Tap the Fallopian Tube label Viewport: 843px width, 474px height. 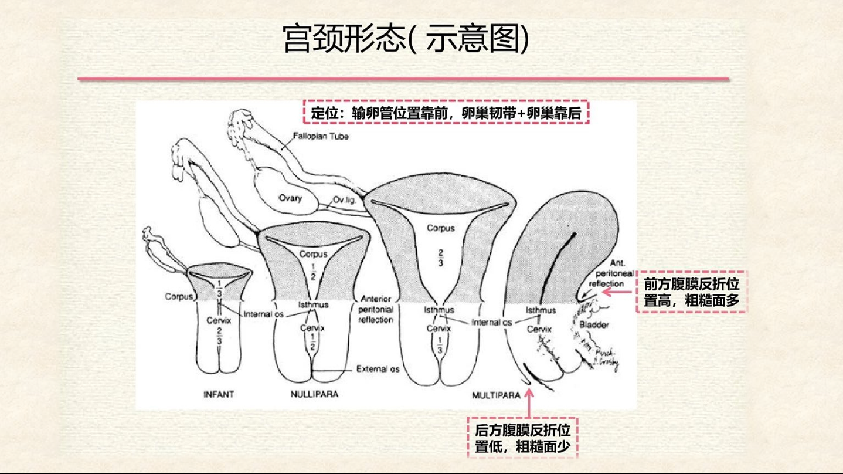pyautogui.click(x=321, y=137)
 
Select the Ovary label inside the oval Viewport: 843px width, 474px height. pyautogui.click(x=290, y=198)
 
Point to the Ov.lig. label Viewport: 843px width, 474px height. pyautogui.click(x=345, y=199)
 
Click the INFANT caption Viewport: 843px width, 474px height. pyautogui.click(x=219, y=394)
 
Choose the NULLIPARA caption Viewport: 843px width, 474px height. pyautogui.click(x=314, y=394)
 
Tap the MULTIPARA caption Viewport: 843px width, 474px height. pyautogui.click(x=496, y=395)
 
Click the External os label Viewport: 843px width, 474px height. pyautogui.click(x=378, y=370)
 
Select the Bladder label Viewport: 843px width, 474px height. pyautogui.click(x=594, y=325)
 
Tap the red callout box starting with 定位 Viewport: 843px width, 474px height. pyautogui.click(x=446, y=113)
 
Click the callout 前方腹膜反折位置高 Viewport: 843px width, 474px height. pyautogui.click(x=691, y=292)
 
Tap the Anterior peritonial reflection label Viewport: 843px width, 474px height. pyautogui.click(x=377, y=309)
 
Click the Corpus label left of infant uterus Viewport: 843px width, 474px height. pyautogui.click(x=179, y=297)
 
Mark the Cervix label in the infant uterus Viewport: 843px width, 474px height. pyautogui.click(x=219, y=320)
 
